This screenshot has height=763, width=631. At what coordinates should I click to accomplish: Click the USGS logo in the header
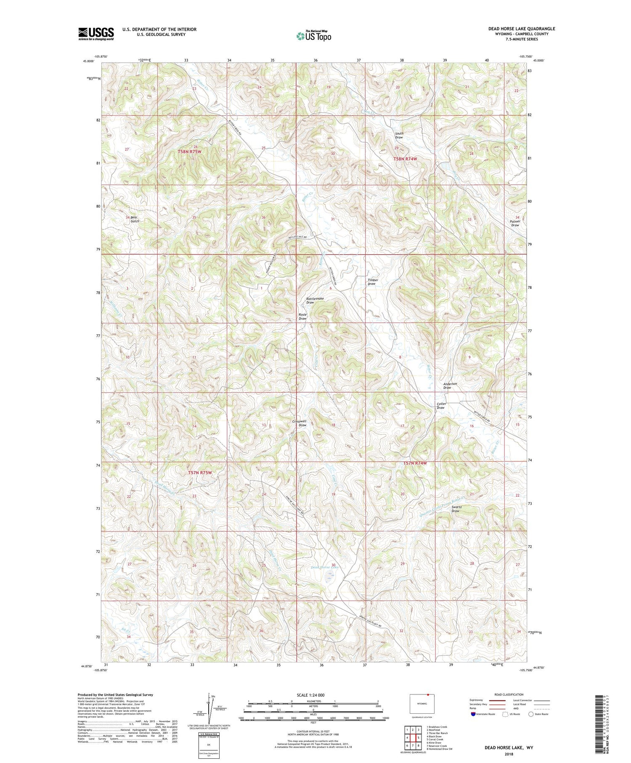[x=96, y=34]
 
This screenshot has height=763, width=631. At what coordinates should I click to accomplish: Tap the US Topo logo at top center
[x=313, y=36]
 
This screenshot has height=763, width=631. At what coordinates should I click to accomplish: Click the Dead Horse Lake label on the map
[x=324, y=567]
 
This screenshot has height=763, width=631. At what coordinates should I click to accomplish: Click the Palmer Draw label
[x=515, y=223]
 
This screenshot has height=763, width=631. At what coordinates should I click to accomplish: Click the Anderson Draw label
[x=450, y=385]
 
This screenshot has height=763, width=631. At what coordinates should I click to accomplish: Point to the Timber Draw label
[x=373, y=282]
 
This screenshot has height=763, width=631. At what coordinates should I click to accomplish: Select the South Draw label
[x=399, y=136]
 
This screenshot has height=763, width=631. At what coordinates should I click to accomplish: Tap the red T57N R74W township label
[x=415, y=463]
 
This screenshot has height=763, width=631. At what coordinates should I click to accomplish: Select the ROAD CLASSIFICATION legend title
[x=509, y=694]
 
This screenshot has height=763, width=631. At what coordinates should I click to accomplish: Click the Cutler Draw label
[x=441, y=406]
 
